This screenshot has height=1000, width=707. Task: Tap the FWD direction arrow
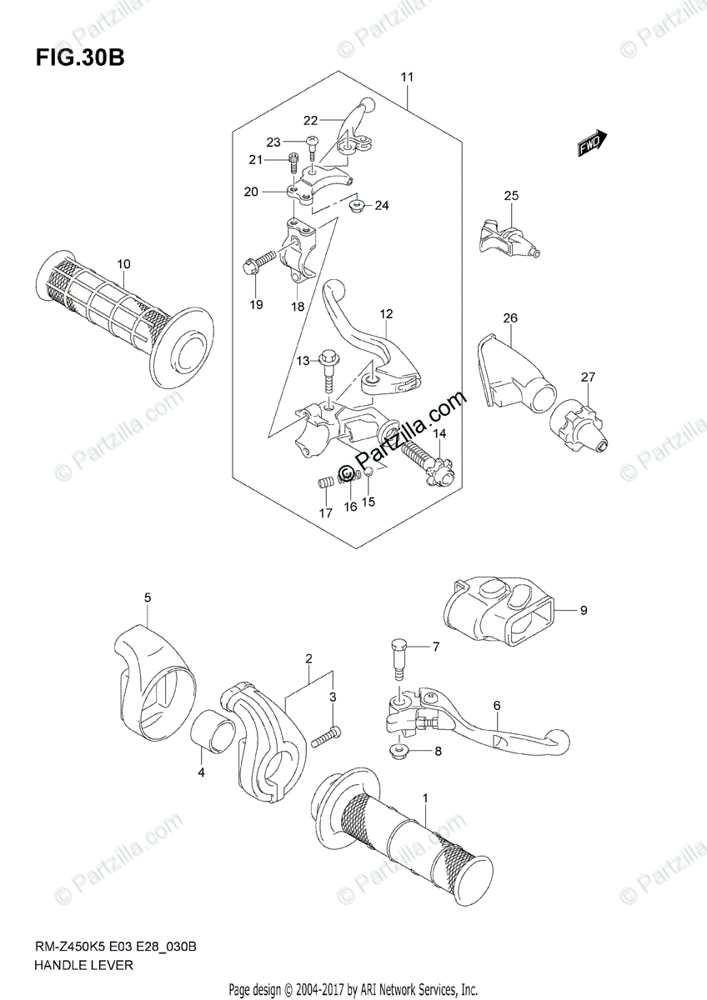tap(593, 144)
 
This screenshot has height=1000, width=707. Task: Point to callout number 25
tap(510, 196)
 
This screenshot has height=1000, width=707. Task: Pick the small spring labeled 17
tap(326, 482)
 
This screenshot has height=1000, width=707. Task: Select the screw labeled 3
tap(326, 736)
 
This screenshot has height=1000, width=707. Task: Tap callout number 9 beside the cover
tap(583, 611)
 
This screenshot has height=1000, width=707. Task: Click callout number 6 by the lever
tap(497, 705)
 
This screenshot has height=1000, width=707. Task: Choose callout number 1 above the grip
tap(425, 798)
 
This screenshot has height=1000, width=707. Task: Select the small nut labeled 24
tap(357, 205)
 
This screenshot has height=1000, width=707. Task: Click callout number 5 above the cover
tap(147, 597)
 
